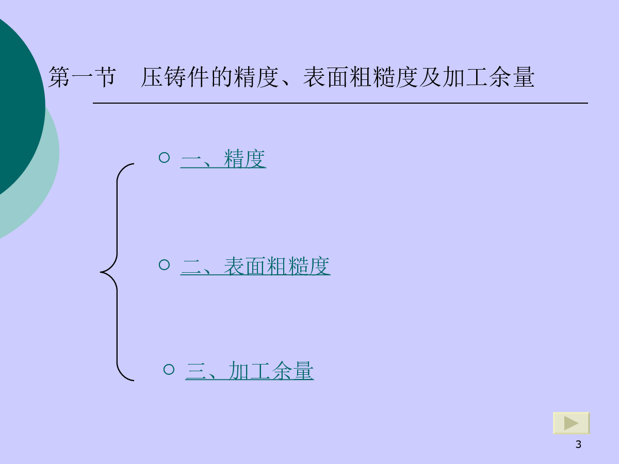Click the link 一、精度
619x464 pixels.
coord(223,159)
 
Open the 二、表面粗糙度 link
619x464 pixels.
coord(255,266)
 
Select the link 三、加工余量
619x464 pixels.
coord(250,371)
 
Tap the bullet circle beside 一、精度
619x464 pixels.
coord(165,157)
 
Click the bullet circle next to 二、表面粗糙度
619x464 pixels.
coord(165,264)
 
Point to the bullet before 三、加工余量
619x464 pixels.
coord(169,369)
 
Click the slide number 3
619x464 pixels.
coord(578,444)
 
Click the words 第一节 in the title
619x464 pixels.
coord(82,77)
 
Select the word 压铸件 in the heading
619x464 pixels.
coord(175,77)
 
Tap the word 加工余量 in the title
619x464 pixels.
coord(488,77)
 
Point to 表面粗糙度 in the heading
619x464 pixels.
coord(361,77)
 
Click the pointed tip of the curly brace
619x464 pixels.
coord(101,272)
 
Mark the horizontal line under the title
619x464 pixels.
coord(340,103)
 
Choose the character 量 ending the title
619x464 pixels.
coord(524,77)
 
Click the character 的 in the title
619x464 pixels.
coord(221,77)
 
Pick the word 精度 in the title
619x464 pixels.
coord(256,77)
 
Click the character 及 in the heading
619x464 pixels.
coord(430,77)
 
